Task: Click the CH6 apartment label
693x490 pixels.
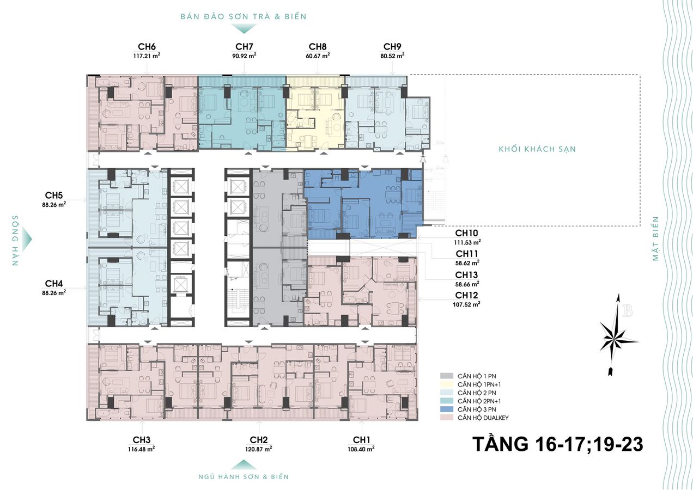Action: pos(147,47)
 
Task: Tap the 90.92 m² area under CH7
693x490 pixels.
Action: pos(244,56)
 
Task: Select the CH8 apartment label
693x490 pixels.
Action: pos(318,47)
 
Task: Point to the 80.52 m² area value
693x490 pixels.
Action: pos(392,56)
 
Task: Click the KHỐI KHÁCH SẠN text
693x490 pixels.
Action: pos(537,149)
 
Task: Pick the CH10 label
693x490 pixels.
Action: pos(466,233)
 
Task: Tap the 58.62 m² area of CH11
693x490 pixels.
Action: pos(467,263)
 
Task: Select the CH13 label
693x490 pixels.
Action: pos(466,274)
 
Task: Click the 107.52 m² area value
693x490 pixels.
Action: pos(466,304)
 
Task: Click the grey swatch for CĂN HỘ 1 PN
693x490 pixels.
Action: pos(447,376)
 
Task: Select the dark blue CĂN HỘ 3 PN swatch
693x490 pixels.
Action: pos(447,409)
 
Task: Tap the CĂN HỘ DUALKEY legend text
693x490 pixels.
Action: pos(483,418)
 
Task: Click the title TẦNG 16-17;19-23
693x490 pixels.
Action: pos(558,444)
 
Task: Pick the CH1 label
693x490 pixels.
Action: pos(361,439)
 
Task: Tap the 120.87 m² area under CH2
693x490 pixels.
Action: pos(259,449)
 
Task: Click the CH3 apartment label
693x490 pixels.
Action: pos(142,439)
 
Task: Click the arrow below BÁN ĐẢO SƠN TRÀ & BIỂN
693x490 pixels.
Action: pos(244,28)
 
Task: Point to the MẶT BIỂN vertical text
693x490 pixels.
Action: pos(655,238)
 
